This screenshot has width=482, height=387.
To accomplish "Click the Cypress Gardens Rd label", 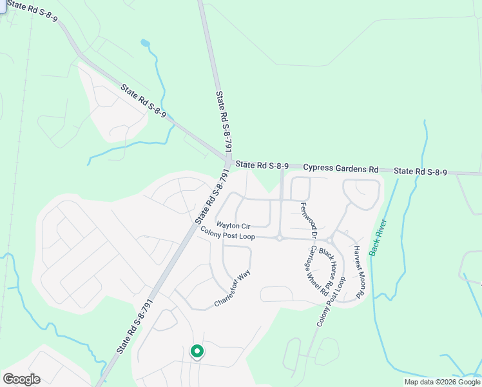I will pyautogui.click(x=340, y=169).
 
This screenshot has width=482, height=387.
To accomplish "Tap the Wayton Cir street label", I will pyautogui.click(x=233, y=226).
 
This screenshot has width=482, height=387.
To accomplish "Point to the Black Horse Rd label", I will pyautogui.click(x=328, y=261).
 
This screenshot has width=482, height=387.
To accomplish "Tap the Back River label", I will pyautogui.click(x=378, y=237).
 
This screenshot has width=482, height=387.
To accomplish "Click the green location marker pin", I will pyautogui.click(x=197, y=352).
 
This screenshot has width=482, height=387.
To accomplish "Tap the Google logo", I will pyautogui.click(x=21, y=379).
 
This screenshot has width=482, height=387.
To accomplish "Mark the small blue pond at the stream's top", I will pyautogui.click(x=145, y=44).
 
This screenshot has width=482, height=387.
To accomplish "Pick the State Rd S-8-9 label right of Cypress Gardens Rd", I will pyautogui.click(x=420, y=172).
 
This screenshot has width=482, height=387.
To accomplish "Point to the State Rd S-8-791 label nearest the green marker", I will pyautogui.click(x=135, y=326).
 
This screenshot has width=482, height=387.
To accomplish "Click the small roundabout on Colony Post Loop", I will pyautogui.click(x=280, y=238).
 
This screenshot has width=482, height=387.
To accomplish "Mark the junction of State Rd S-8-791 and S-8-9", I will pyautogui.click(x=228, y=159).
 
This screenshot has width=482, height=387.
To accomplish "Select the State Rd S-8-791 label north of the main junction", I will pyautogui.click(x=223, y=124).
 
